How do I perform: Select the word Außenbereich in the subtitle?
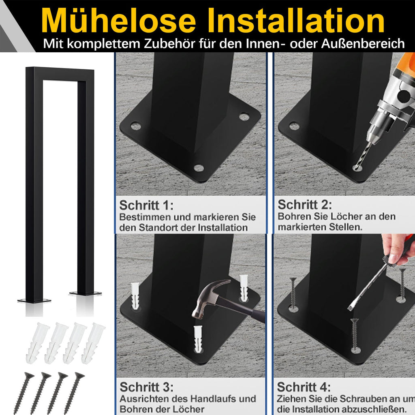click(x=363, y=44)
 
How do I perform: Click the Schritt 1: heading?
click(x=146, y=205)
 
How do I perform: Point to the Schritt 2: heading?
click(x=305, y=205)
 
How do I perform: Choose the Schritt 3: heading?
click(x=146, y=387)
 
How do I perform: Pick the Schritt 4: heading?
click(x=304, y=387)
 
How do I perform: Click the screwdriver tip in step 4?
click(x=351, y=308)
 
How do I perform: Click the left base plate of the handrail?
click(x=34, y=301)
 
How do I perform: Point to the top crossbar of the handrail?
click(x=60, y=74)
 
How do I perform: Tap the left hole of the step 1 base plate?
click(x=136, y=126)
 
